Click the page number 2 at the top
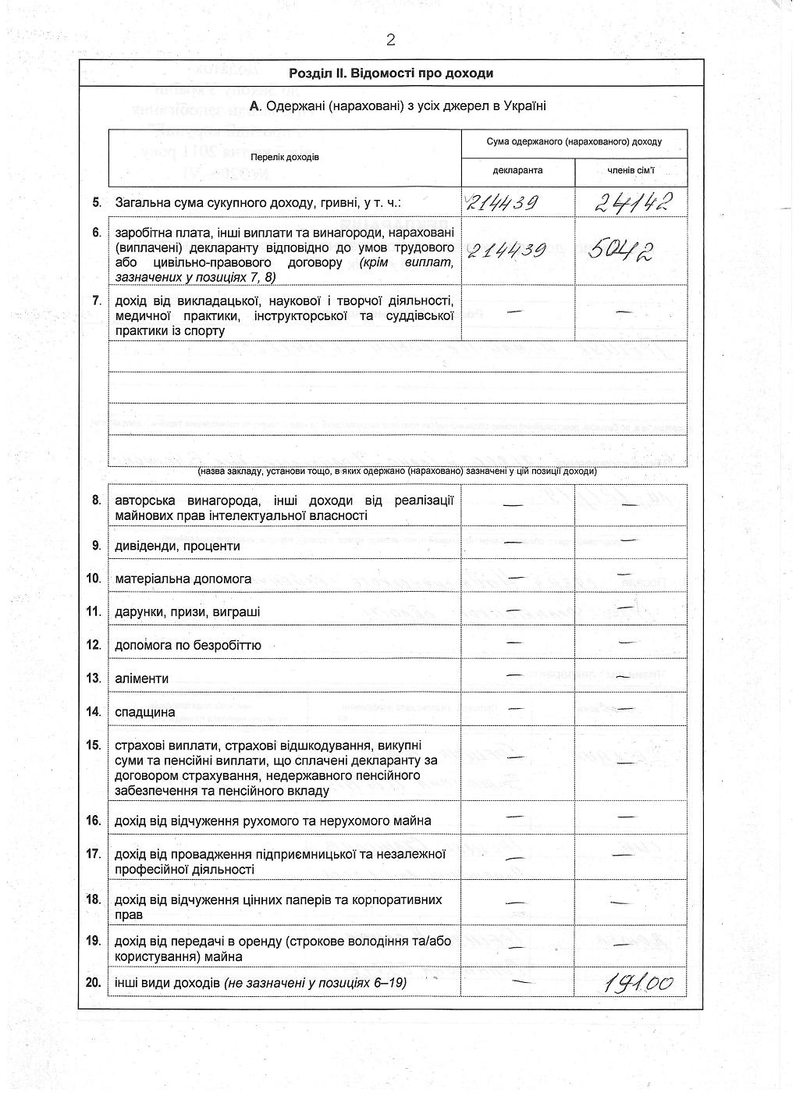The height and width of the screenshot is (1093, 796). click(x=391, y=41)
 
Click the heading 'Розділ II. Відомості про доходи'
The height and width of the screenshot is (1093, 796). click(x=391, y=73)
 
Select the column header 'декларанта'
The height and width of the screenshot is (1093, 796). click(x=517, y=170)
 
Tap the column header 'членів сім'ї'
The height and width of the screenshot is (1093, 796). click(x=631, y=170)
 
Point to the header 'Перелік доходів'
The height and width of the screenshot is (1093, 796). click(x=285, y=157)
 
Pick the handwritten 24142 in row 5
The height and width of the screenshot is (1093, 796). click(x=633, y=203)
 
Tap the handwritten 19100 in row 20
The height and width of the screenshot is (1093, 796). click(x=638, y=983)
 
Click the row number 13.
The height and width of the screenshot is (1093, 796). click(x=94, y=678)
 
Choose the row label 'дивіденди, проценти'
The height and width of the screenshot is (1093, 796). click(x=177, y=546)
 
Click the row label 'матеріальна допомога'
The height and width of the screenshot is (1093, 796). click(x=183, y=579)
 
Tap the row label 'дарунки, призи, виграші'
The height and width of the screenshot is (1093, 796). click(x=188, y=612)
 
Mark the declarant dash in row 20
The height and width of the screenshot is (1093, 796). click(x=517, y=980)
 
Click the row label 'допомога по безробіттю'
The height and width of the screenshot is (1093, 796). click(x=188, y=646)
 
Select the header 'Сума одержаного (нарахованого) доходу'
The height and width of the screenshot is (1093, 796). click(x=574, y=142)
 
